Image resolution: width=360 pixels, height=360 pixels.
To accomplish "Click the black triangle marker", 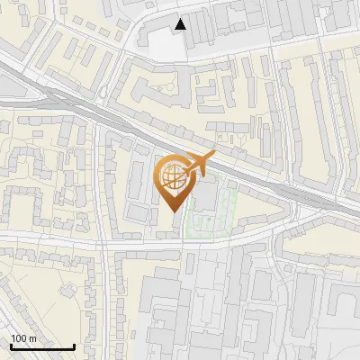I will click(x=181, y=24).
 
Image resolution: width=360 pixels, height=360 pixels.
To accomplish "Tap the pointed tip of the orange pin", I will click(x=176, y=211).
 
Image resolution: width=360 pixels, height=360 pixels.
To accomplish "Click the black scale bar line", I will click(x=41, y=346).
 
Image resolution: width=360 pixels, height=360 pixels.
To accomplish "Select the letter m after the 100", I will click(x=32, y=338).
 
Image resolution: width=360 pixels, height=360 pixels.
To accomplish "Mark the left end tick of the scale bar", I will click(x=10, y=345).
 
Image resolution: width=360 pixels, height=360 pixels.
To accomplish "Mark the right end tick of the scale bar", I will click(x=74, y=345).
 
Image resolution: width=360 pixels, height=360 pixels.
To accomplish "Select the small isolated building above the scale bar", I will click(x=67, y=290).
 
